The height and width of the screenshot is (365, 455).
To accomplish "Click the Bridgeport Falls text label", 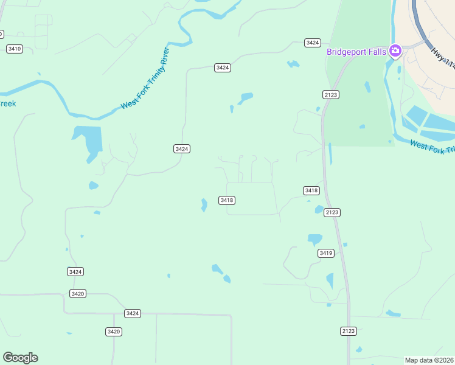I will click(356, 52).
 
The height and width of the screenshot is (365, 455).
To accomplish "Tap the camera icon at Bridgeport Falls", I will click(395, 51).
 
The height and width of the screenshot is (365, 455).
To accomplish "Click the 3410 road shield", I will click(15, 49).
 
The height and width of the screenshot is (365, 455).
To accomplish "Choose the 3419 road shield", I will click(326, 253).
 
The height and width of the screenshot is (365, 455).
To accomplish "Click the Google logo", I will click(20, 358).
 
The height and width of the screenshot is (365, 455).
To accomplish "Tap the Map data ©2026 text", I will click(429, 360).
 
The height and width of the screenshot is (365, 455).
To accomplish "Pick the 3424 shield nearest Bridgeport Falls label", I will click(313, 43).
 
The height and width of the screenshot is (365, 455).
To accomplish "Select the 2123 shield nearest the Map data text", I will click(348, 331).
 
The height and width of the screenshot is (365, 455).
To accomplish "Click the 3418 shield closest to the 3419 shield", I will click(311, 190).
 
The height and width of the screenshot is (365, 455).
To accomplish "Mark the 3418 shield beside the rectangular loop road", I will click(227, 200).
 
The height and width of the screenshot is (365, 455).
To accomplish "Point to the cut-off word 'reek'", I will click(8, 103).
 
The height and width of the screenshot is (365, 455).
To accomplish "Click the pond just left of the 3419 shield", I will click(314, 238).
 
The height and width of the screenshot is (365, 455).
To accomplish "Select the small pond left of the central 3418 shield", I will click(204, 205).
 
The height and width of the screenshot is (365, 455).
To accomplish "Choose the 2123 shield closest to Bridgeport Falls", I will click(331, 94).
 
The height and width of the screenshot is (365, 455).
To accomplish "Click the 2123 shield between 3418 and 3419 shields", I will click(332, 212).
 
